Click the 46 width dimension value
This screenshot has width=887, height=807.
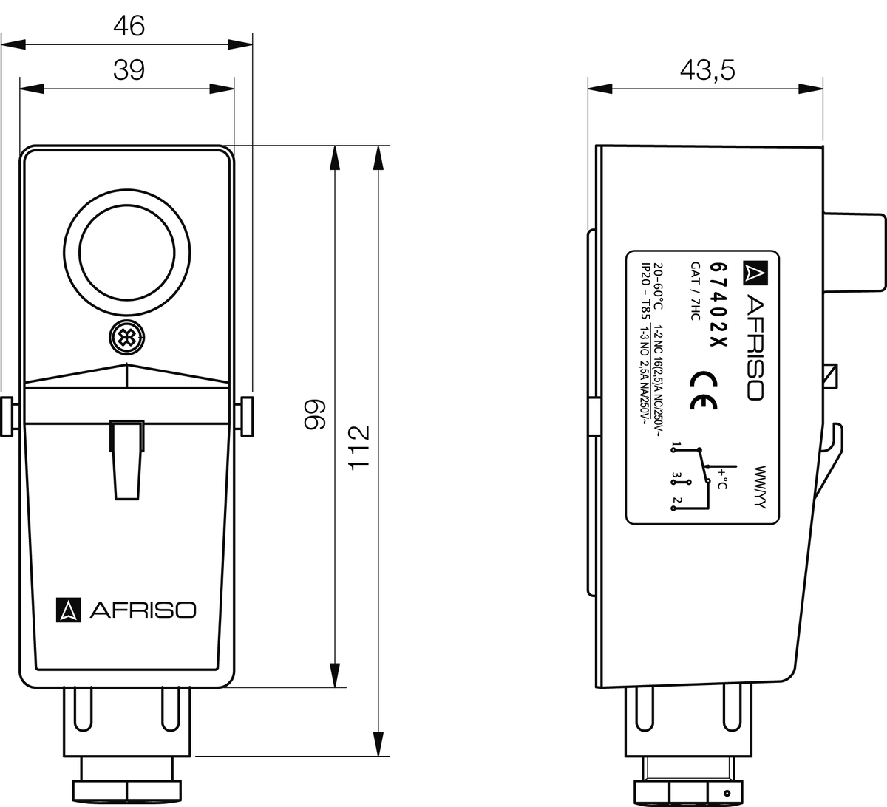click(129, 26)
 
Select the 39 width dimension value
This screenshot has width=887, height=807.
click(129, 70)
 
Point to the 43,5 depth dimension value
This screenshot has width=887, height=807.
click(707, 70)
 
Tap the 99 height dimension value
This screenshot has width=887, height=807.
click(316, 415)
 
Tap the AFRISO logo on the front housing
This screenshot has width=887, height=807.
click(126, 609)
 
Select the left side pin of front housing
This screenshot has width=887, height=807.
click(7, 416)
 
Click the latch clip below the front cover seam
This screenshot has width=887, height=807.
click(126, 458)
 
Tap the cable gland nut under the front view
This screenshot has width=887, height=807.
click(126, 789)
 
